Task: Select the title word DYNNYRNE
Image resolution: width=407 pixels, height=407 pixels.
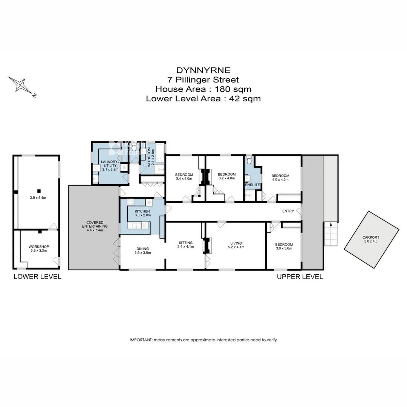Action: click(x=203, y=70)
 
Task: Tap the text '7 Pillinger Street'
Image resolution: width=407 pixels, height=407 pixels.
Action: click(x=203, y=80)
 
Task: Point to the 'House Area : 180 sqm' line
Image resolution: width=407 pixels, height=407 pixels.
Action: click(x=203, y=89)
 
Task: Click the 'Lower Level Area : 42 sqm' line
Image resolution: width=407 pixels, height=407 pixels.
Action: click(x=203, y=99)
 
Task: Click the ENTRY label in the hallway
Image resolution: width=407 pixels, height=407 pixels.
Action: click(x=288, y=211)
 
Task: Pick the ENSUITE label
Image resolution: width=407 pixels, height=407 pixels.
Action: click(x=252, y=185)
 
